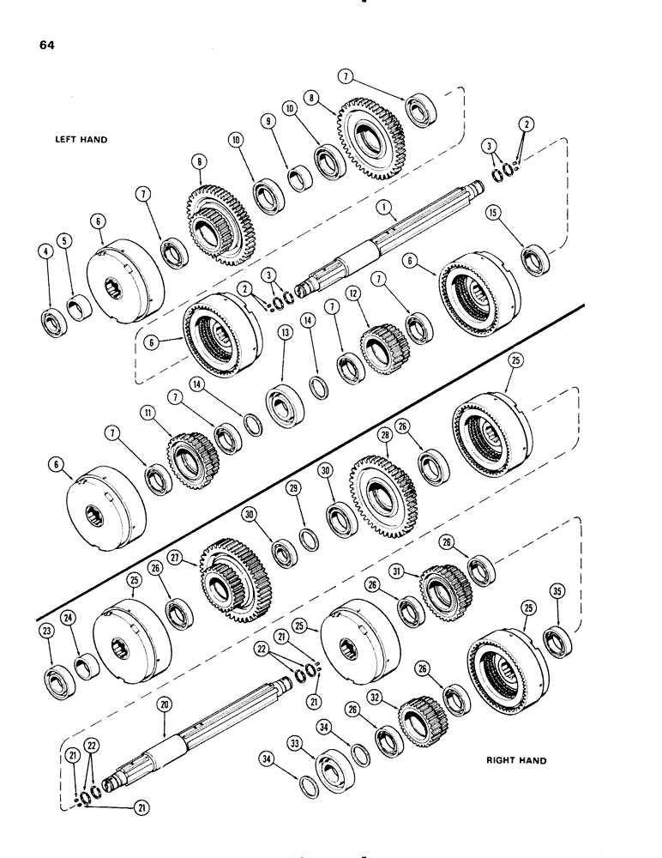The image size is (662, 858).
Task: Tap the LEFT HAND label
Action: (x=83, y=138)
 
